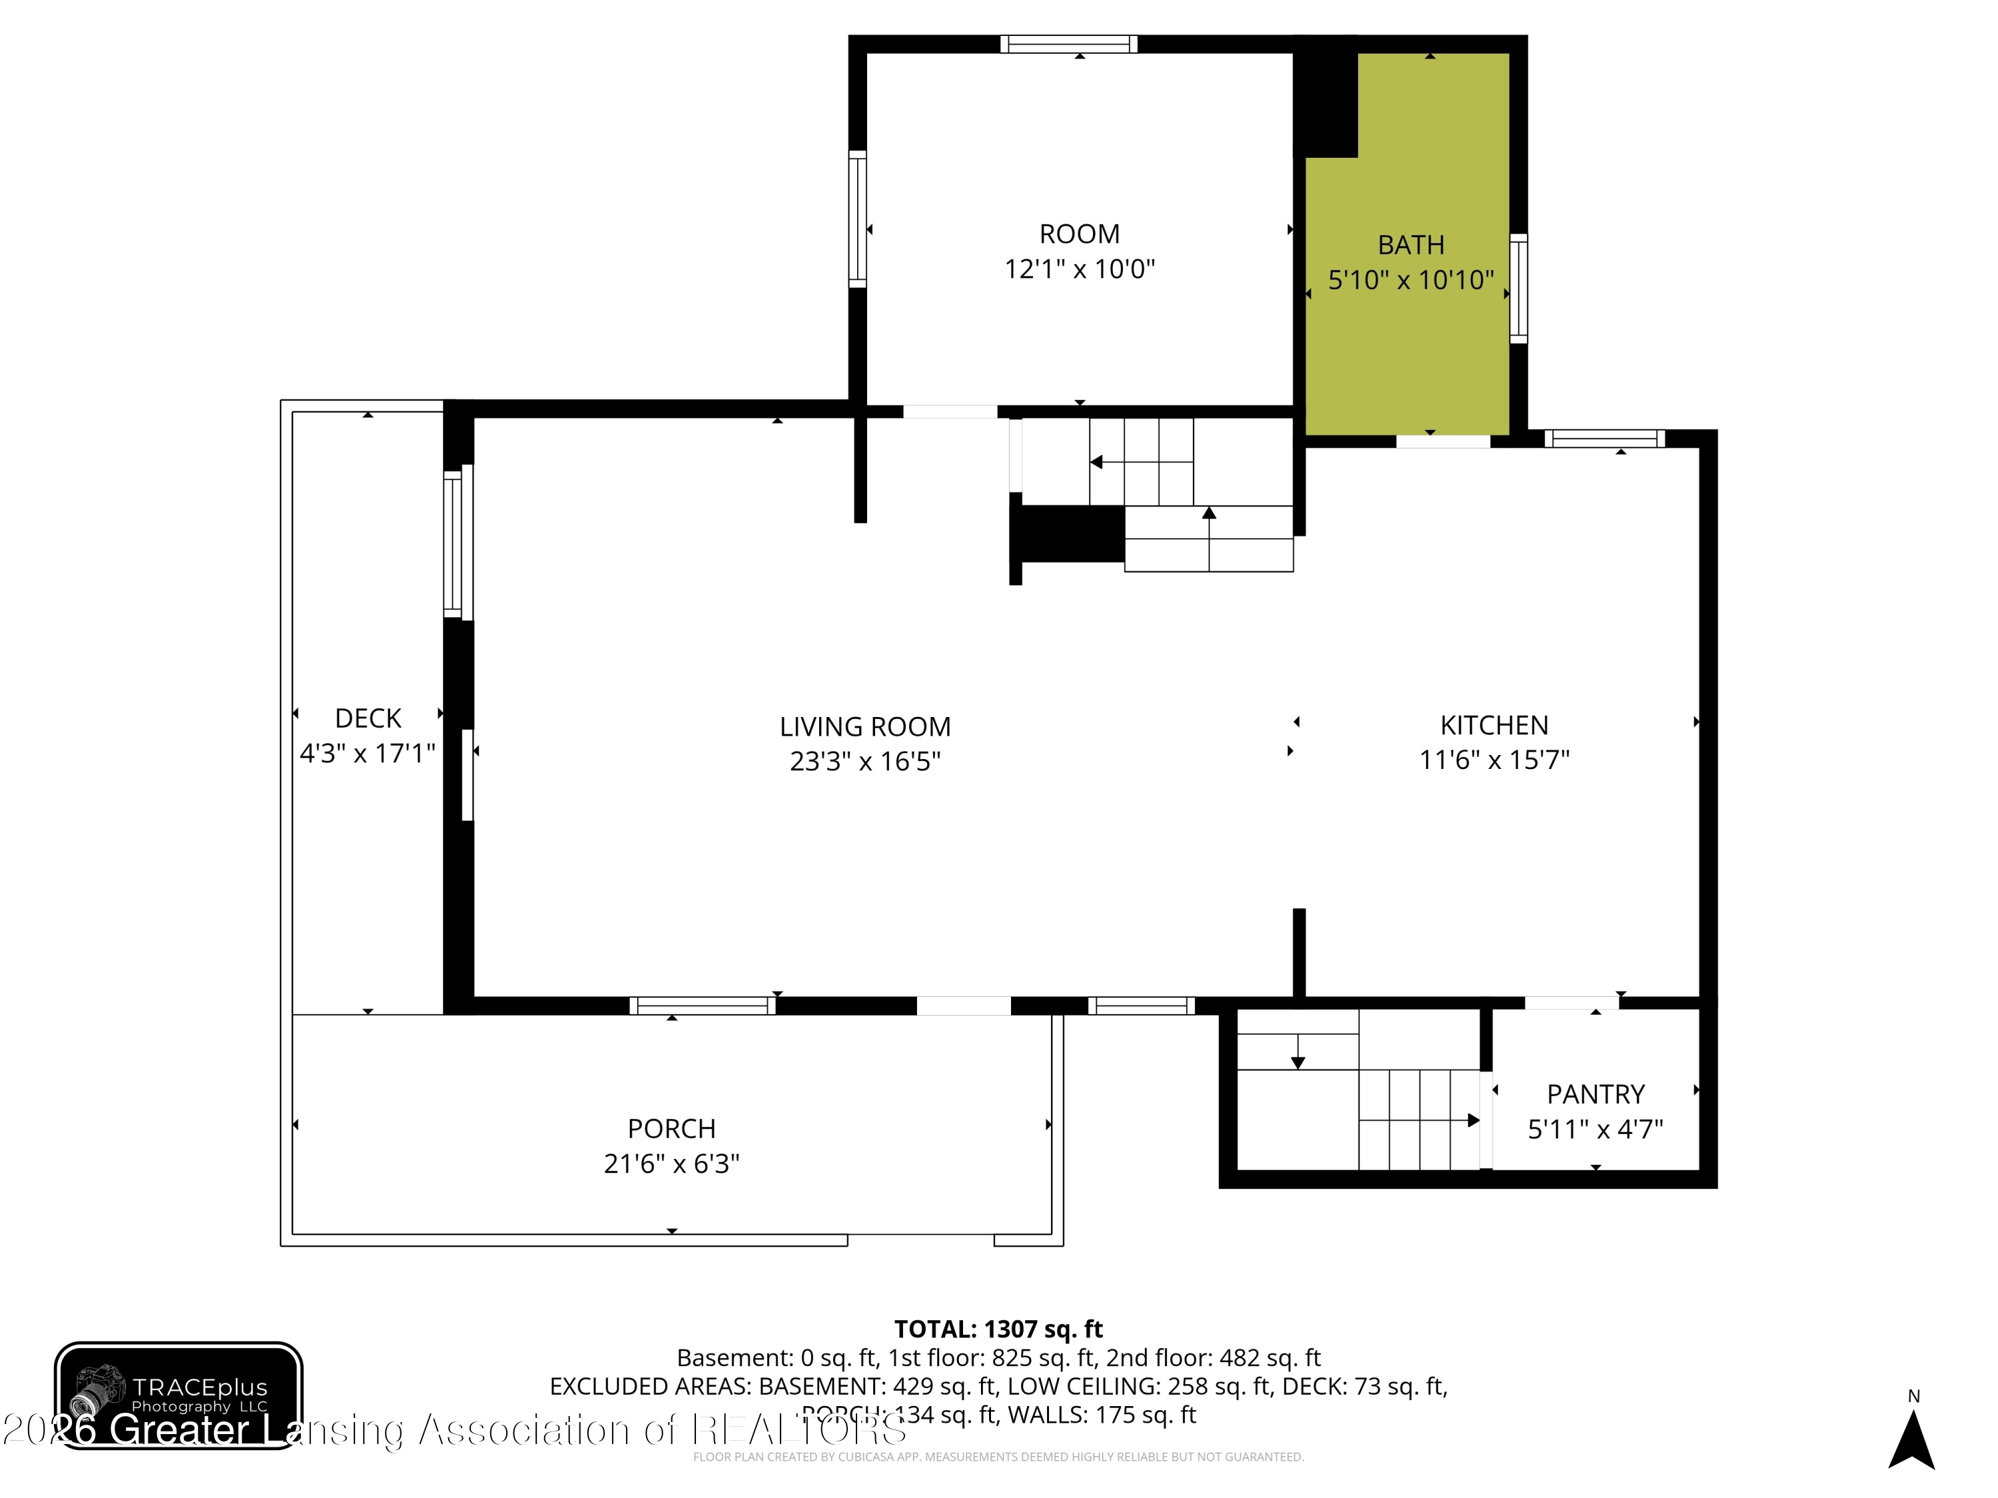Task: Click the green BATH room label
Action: pyautogui.click(x=1410, y=245)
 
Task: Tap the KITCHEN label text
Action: pyautogui.click(x=1493, y=725)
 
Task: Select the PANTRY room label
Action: pyautogui.click(x=1595, y=1095)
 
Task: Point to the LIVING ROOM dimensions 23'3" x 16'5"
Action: pyautogui.click(x=864, y=761)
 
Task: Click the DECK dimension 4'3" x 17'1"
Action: pyautogui.click(x=368, y=753)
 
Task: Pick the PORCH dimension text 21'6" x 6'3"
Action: pyautogui.click(x=671, y=1164)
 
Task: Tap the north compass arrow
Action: pyautogui.click(x=1911, y=1439)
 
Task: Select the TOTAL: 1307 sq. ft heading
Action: pyautogui.click(x=998, y=1329)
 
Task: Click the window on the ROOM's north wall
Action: pyautogui.click(x=1068, y=44)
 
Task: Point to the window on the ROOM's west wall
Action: pyautogui.click(x=857, y=220)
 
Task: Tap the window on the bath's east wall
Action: pyautogui.click(x=1518, y=289)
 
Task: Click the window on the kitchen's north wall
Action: pyautogui.click(x=1604, y=439)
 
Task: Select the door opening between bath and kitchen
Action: pyautogui.click(x=1443, y=441)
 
